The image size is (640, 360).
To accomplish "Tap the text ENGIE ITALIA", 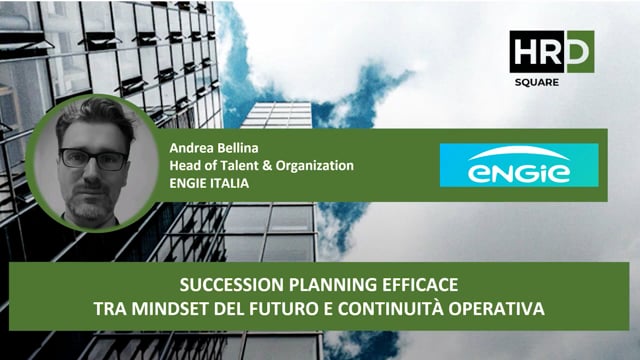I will (x=209, y=183).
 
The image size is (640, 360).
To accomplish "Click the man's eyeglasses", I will (x=93, y=158).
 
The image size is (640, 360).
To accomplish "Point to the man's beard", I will (x=92, y=206).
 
